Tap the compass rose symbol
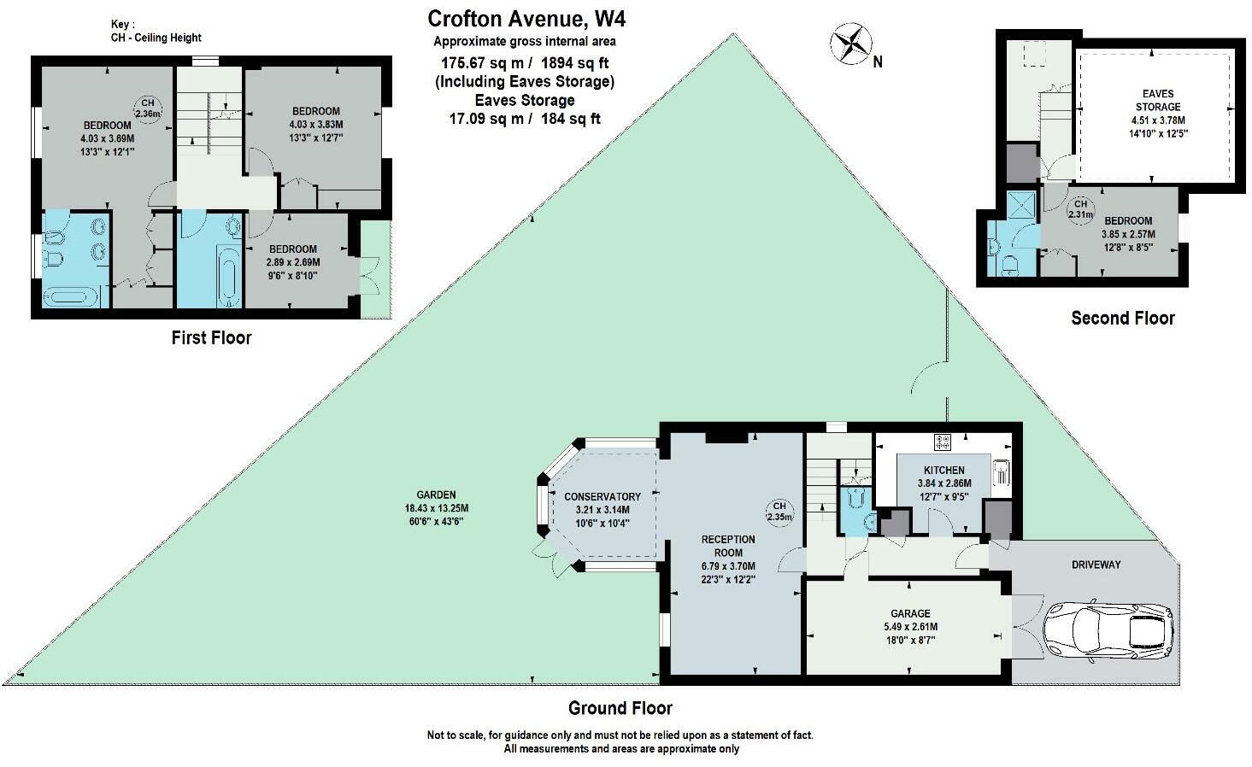click(x=849, y=45)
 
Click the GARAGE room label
click(x=910, y=613)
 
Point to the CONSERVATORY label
click(x=602, y=496)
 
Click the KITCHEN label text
click(x=943, y=471)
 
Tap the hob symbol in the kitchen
click(x=943, y=442)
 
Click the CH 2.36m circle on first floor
click(x=147, y=108)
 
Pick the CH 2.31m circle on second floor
click(x=1080, y=209)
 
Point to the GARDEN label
click(x=436, y=495)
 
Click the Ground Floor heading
click(x=620, y=708)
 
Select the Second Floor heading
click(x=1122, y=319)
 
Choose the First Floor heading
click(x=211, y=338)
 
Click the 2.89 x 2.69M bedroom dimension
click(x=292, y=262)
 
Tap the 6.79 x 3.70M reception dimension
click(x=728, y=565)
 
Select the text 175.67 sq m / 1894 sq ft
click(x=525, y=62)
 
